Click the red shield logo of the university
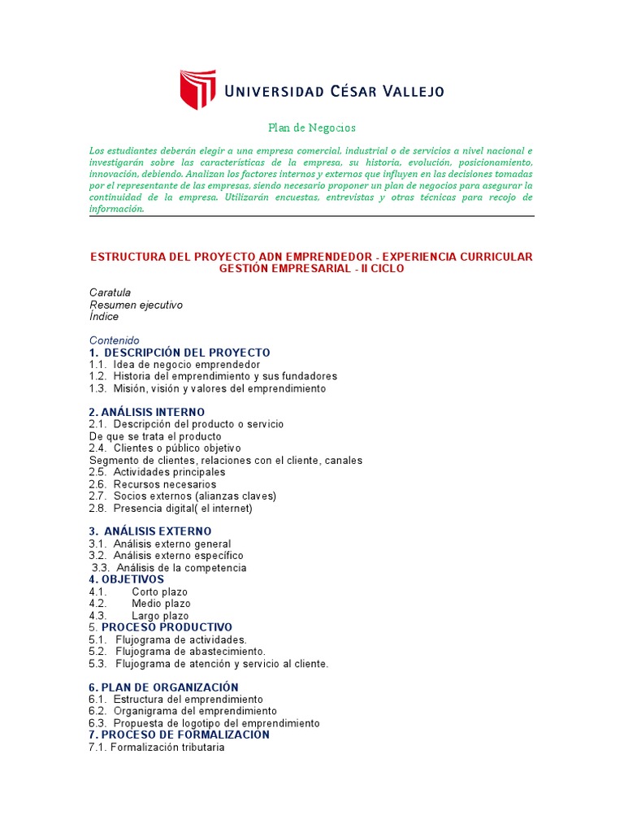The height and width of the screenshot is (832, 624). pos(197,89)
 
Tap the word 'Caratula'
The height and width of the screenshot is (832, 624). pos(110,292)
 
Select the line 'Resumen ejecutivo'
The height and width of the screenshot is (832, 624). pos(136,305)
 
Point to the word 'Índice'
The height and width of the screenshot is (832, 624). pos(103,317)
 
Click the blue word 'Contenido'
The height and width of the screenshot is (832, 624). pos(115,340)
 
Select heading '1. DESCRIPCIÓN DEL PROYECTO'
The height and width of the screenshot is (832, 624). pos(180,353)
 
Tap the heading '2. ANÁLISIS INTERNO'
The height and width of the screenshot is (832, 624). pos(147,412)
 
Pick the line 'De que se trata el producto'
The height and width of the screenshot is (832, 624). pos(155,436)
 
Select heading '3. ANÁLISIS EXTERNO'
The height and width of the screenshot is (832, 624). pos(150,531)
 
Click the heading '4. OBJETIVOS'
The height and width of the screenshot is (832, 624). pos(126,579)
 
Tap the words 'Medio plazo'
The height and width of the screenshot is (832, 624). pos(161,604)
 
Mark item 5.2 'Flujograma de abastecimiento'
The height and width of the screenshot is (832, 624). pos(178,652)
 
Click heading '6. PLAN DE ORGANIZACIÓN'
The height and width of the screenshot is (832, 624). pos(164,687)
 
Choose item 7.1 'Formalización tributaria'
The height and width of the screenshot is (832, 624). pos(157,747)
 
